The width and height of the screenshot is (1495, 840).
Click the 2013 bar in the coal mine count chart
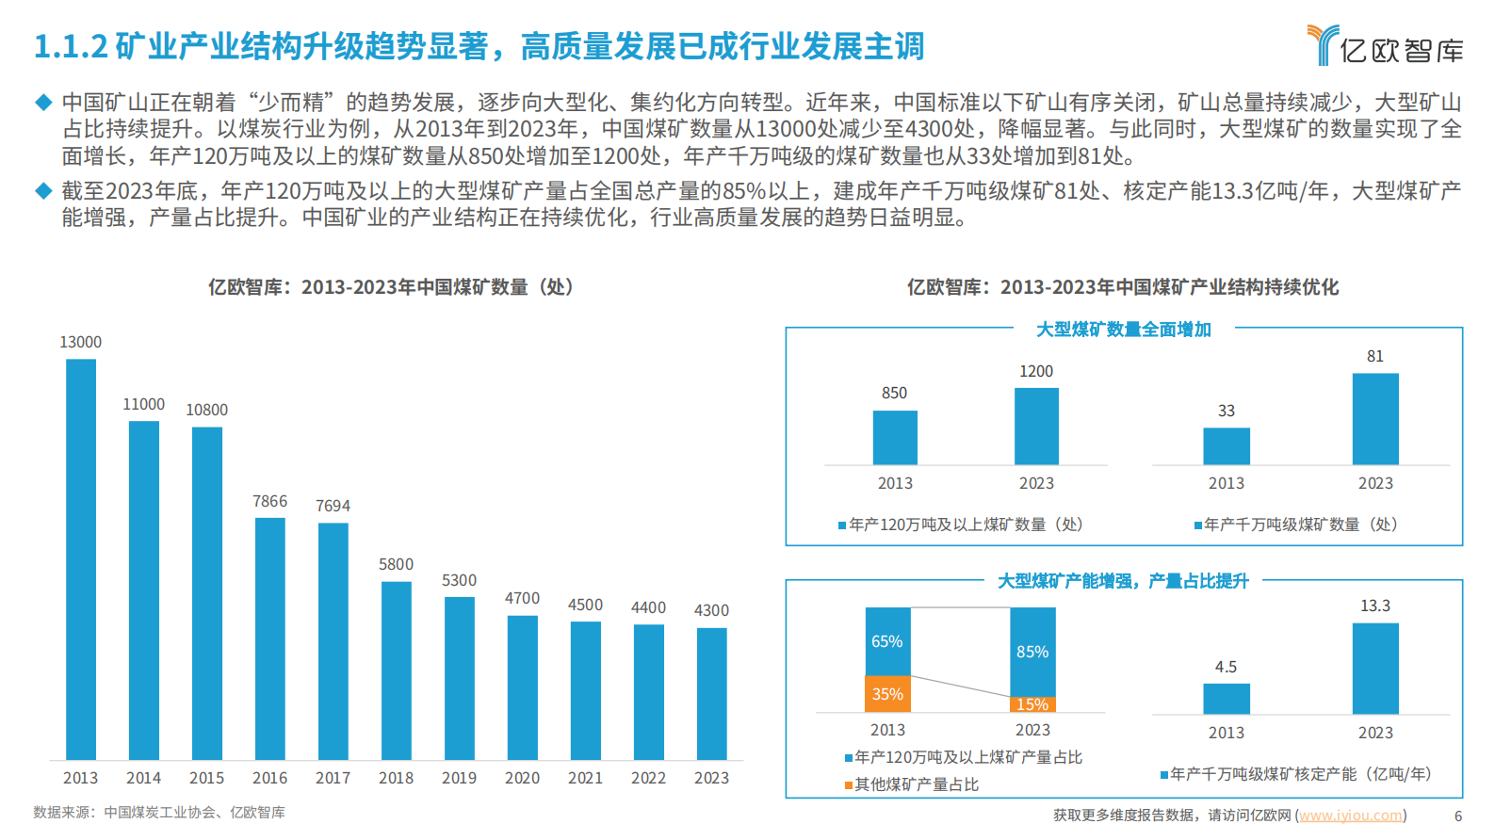pos(81,559)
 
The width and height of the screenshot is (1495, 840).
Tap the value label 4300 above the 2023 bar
pos(711,610)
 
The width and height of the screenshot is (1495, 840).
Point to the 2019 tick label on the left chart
pos(459,778)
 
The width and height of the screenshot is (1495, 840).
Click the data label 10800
pos(206,410)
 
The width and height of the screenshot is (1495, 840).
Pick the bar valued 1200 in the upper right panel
pos(1036,427)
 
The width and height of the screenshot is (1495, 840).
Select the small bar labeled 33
pos(1226,446)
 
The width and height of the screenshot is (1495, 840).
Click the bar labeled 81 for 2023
pos(1375,419)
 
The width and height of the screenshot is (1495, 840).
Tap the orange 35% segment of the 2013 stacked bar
pos(887,694)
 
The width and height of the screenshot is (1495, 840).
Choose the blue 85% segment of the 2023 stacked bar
pos(1032,652)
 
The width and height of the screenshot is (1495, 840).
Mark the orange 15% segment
pos(1032,704)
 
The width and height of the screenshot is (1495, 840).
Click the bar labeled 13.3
pos(1375,669)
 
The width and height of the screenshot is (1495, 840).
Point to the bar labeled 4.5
pos(1226,699)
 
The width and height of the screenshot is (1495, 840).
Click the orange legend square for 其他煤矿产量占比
pos(849,785)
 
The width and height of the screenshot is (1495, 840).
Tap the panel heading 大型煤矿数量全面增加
pos(1123,330)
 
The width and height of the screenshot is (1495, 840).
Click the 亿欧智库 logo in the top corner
pos(1385,45)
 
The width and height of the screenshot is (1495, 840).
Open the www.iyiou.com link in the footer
pos(1351,816)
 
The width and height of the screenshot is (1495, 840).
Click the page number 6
pos(1458,816)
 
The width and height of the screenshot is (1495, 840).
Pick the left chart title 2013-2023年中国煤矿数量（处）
pos(391,287)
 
